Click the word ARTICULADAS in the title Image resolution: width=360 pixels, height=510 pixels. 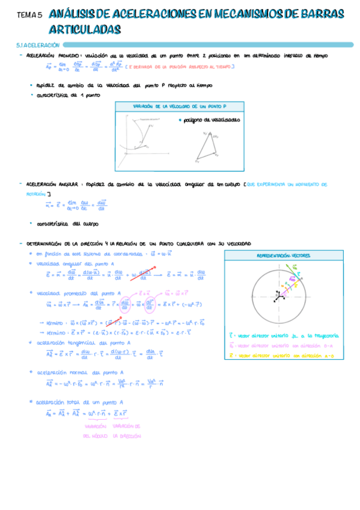85,29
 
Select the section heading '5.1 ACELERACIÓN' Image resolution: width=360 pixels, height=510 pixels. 38,45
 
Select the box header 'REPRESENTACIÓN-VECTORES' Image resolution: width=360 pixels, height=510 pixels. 284,256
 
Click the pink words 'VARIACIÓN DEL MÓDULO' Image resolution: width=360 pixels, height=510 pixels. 96,430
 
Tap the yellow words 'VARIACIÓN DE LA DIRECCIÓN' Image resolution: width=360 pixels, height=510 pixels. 127,430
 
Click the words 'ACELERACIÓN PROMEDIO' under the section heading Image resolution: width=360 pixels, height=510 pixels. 50,55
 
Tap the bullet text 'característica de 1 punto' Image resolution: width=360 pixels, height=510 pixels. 68,94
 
